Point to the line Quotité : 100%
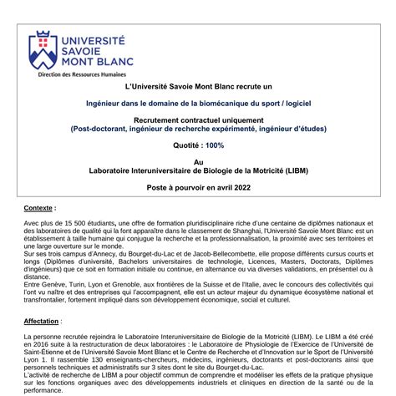coord(198,145)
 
